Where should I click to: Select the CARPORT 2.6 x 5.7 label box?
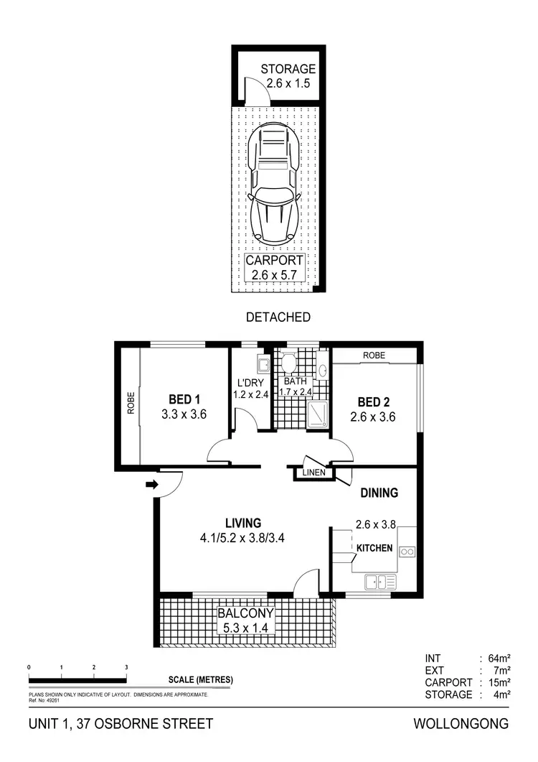coord(275,267)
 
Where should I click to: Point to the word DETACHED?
coord(278,317)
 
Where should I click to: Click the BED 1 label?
coord(185,399)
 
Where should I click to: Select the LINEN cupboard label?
coord(314,473)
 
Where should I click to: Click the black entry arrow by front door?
coord(151,485)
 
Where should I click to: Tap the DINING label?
coord(379,493)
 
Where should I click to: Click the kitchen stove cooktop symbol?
coord(407,552)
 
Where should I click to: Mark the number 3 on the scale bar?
coord(126,667)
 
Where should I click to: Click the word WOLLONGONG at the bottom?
coord(461,724)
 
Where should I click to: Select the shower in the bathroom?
coord(316,414)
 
